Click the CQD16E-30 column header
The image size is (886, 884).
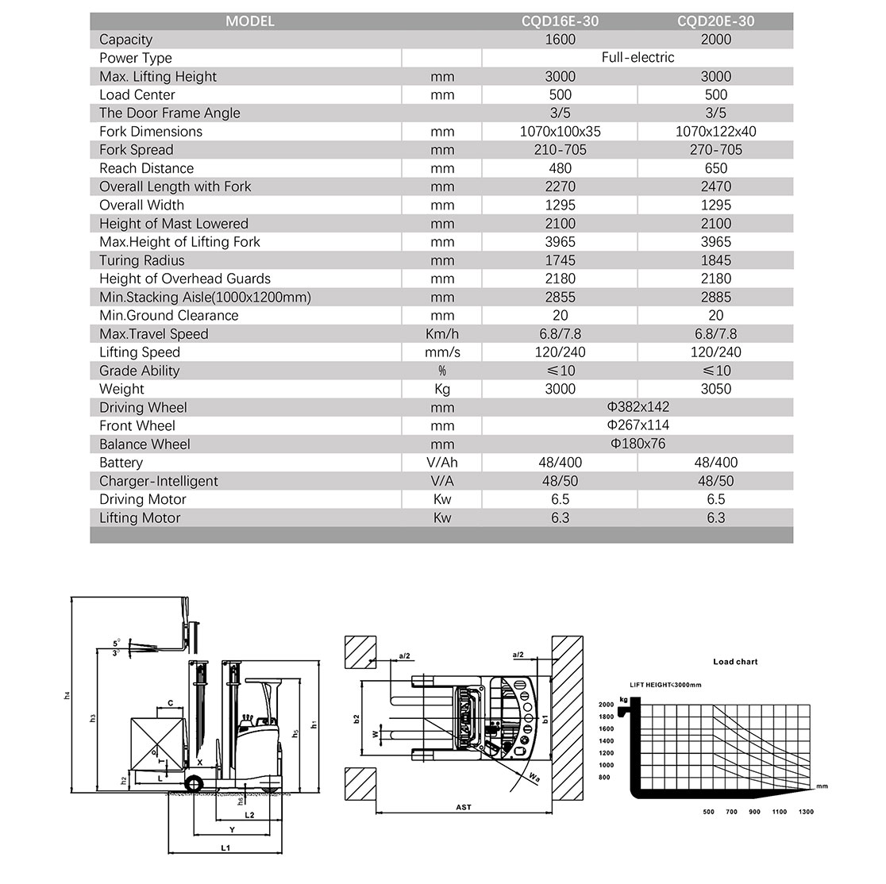(x=560, y=21)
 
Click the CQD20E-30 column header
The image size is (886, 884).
(x=715, y=21)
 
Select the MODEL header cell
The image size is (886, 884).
(x=250, y=21)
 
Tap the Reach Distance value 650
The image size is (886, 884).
(x=715, y=168)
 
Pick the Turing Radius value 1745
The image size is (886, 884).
(x=560, y=260)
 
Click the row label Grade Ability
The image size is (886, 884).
(x=140, y=371)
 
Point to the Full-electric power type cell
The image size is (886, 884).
(x=638, y=58)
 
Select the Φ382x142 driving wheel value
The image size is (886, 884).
(x=638, y=407)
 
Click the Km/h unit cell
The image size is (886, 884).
(x=442, y=334)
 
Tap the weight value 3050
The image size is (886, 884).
(x=715, y=389)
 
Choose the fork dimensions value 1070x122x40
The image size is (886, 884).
(x=715, y=132)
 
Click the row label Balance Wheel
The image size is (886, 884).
(x=144, y=444)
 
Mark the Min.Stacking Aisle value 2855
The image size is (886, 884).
(x=560, y=297)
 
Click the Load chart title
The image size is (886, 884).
(x=735, y=662)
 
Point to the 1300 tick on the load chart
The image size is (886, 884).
(x=805, y=812)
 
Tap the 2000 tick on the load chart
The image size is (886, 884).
(x=606, y=705)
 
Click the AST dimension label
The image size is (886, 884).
(x=464, y=808)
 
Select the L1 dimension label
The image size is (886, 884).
(x=225, y=848)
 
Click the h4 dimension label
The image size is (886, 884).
(x=67, y=695)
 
